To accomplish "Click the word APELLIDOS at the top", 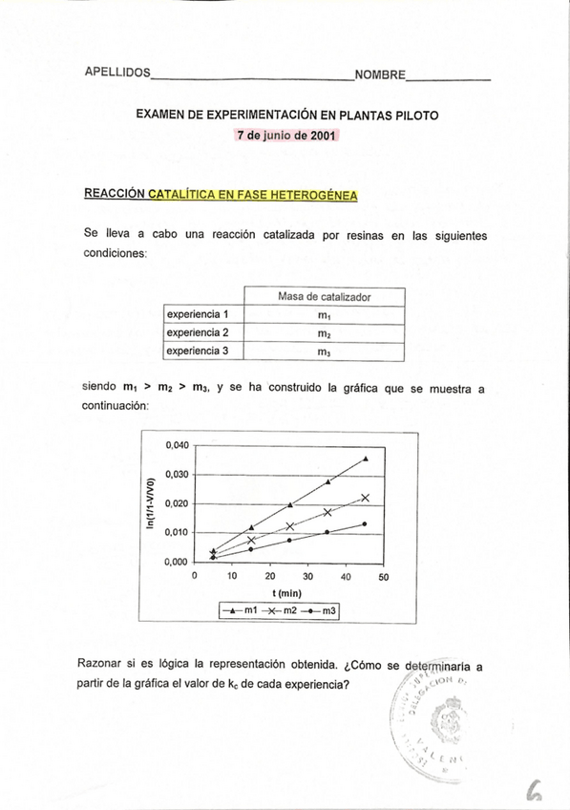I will pyautogui.click(x=117, y=73).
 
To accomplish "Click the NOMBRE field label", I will pyautogui.click(x=379, y=75).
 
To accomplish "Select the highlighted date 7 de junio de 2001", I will pyautogui.click(x=286, y=136).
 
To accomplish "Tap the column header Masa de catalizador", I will pyautogui.click(x=325, y=296).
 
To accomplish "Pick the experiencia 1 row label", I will pyautogui.click(x=198, y=314).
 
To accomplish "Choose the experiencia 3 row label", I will pyautogui.click(x=198, y=351).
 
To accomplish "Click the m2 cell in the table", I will pyautogui.click(x=325, y=332).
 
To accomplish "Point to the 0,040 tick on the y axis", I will pyautogui.click(x=178, y=445).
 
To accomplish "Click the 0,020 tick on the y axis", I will pyautogui.click(x=178, y=503).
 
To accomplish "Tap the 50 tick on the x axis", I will pyautogui.click(x=384, y=577).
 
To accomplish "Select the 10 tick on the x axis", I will pyautogui.click(x=232, y=577).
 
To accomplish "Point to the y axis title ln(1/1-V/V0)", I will pyautogui.click(x=149, y=503).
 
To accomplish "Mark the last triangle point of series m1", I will pyautogui.click(x=366, y=458).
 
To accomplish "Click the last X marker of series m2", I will pyautogui.click(x=365, y=498).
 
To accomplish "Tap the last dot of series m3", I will pyautogui.click(x=365, y=523).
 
